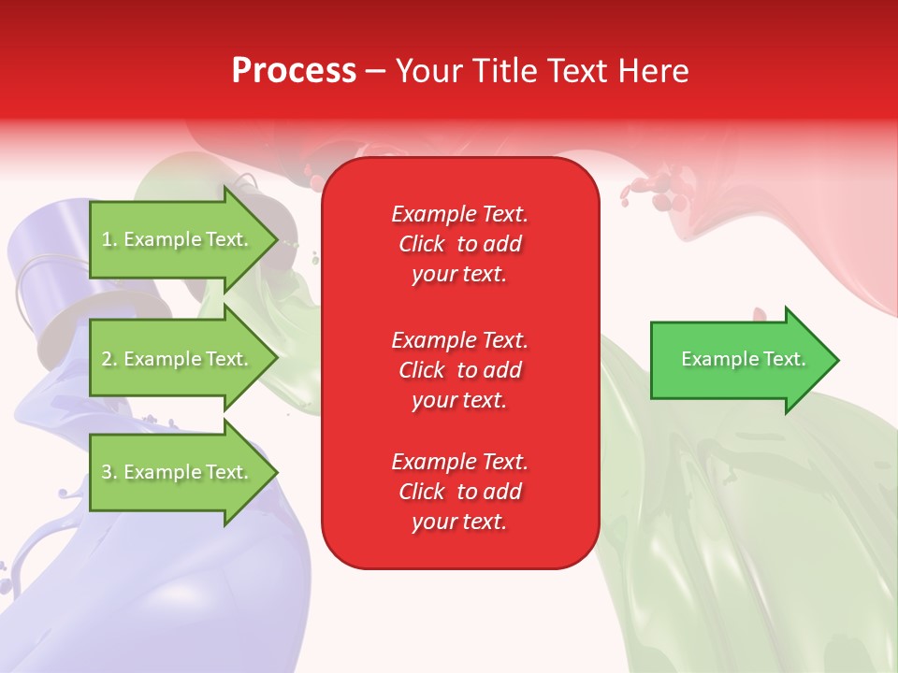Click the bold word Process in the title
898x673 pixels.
point(294,71)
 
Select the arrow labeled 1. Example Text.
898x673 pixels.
point(176,239)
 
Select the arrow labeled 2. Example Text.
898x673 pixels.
point(176,359)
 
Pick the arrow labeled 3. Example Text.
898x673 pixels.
point(176,472)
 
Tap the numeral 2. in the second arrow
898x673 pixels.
point(110,359)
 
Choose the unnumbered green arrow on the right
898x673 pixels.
point(739,360)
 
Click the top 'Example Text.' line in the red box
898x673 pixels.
point(459,214)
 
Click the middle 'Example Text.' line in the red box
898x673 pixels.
point(459,340)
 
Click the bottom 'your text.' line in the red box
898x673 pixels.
point(459,523)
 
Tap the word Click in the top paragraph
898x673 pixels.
point(422,244)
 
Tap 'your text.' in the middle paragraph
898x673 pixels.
point(459,400)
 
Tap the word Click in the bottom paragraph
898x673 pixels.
point(422,492)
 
